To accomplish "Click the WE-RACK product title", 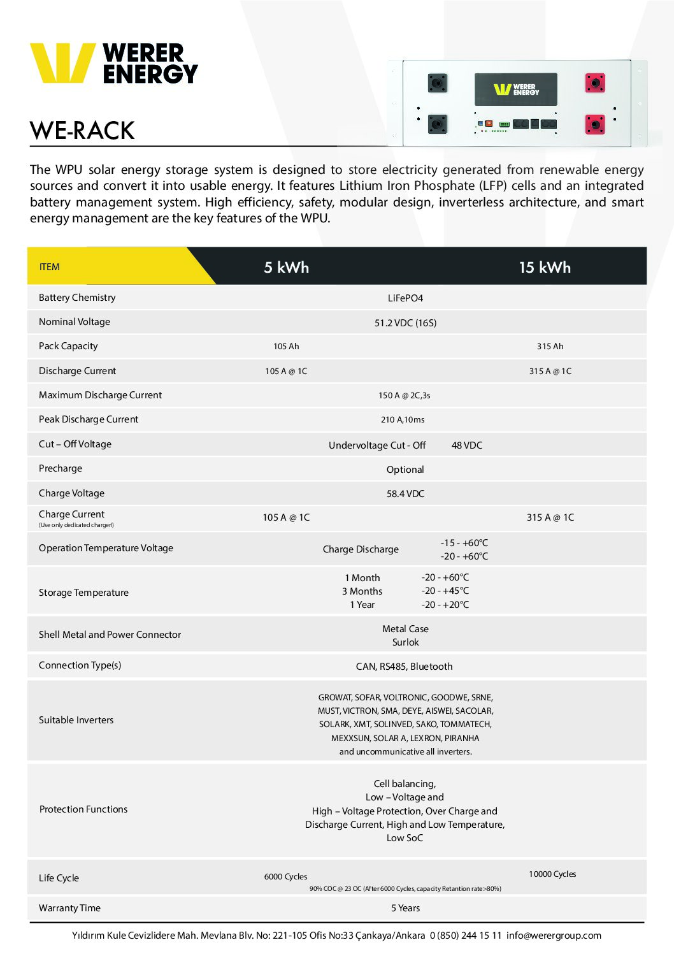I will (x=82, y=131).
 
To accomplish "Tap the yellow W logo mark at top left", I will (x=62, y=62).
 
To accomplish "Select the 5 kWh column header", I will (x=286, y=267).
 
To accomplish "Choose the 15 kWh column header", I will (x=545, y=267).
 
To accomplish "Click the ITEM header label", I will (x=49, y=267).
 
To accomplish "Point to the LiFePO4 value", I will (x=405, y=298).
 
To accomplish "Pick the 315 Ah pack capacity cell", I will (x=550, y=347).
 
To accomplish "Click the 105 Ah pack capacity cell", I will (x=286, y=347).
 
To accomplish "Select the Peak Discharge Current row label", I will (x=89, y=419).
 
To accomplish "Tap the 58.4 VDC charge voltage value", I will (x=405, y=494).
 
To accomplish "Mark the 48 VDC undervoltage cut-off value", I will (x=467, y=445).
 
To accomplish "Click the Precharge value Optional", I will (x=405, y=470).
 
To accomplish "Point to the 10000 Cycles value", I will (x=552, y=874).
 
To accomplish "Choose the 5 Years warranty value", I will (x=405, y=908).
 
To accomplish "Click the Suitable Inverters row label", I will (x=76, y=720).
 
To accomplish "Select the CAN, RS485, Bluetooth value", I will (x=404, y=667).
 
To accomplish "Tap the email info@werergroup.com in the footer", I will (x=554, y=936).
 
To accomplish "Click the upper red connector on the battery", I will (x=594, y=83).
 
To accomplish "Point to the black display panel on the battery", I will (x=516, y=89).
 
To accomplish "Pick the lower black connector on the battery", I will (x=437, y=124).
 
